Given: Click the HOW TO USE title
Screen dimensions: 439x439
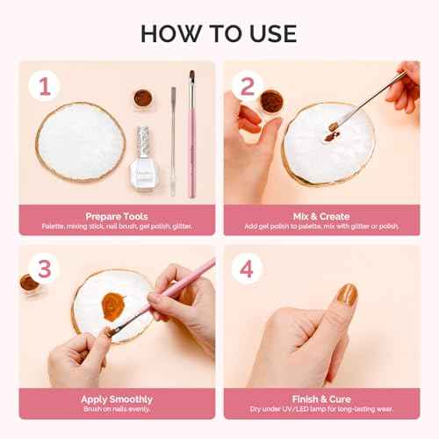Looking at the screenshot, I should point(219,33).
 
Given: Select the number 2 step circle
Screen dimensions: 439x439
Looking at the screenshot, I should point(247,85).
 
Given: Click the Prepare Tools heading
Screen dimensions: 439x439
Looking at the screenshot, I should point(116,214).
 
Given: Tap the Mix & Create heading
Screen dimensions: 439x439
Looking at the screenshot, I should point(321,214).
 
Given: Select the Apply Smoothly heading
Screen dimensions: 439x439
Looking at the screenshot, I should point(116,399).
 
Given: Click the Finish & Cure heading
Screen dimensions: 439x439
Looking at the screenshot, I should point(321,399).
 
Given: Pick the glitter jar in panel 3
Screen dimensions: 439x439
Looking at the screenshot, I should point(29,284).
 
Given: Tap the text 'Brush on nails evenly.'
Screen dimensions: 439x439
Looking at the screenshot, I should point(116,410).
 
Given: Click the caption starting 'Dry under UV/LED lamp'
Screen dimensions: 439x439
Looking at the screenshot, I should point(321,410).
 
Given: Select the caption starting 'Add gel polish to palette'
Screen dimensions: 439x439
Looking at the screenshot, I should point(321,226).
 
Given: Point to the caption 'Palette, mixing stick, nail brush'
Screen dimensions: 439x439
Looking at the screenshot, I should point(116,226).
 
